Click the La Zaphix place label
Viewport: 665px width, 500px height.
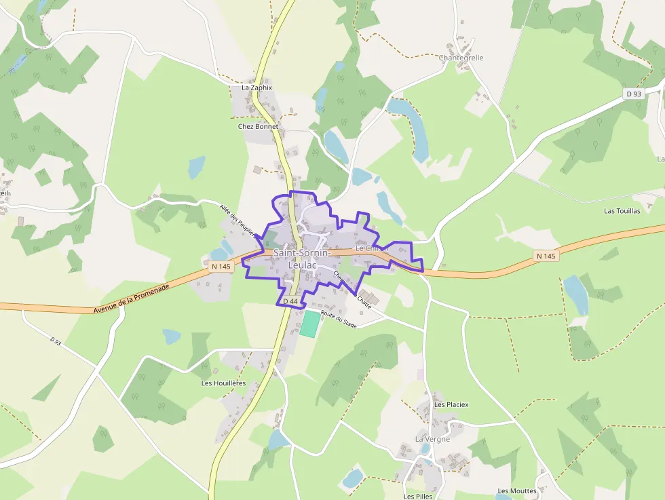point(256,88)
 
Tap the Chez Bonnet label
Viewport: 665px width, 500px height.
point(258,126)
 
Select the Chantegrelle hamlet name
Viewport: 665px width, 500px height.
point(461,58)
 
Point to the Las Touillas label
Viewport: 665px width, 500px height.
point(622,211)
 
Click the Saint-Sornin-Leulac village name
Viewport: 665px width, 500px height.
point(302,258)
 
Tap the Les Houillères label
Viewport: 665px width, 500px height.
point(223,383)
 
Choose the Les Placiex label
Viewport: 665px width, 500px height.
point(451,404)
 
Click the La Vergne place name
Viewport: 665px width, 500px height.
point(432,439)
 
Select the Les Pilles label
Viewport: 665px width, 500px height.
point(418,496)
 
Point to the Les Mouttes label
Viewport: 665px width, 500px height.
point(516,491)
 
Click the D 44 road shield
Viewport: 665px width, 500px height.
point(290,301)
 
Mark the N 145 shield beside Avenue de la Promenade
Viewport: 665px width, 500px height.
point(221,267)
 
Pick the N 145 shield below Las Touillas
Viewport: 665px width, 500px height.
point(546,256)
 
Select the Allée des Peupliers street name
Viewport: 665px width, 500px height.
point(238,220)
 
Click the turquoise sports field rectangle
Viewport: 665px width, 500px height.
point(309,324)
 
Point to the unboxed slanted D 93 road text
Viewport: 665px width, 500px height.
point(56,341)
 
